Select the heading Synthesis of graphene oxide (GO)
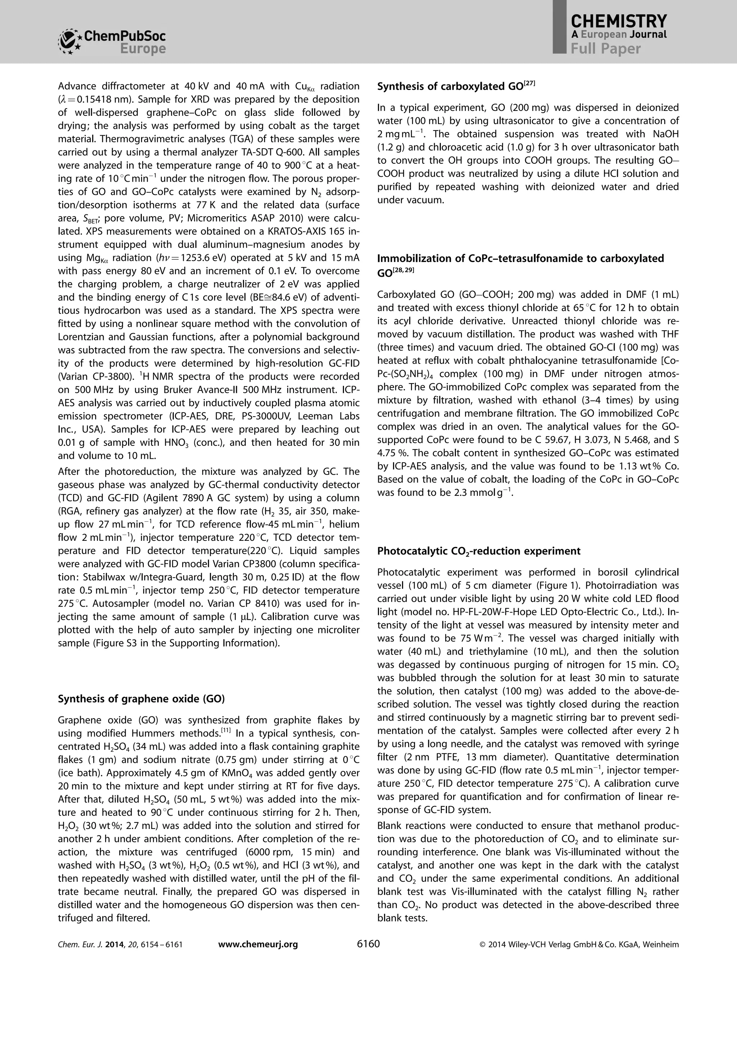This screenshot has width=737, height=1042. coord(141,698)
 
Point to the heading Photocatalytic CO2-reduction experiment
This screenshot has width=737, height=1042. coord(479,551)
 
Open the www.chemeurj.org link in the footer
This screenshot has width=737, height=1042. coord(258,944)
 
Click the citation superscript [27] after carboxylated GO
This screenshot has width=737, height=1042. coord(530,83)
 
